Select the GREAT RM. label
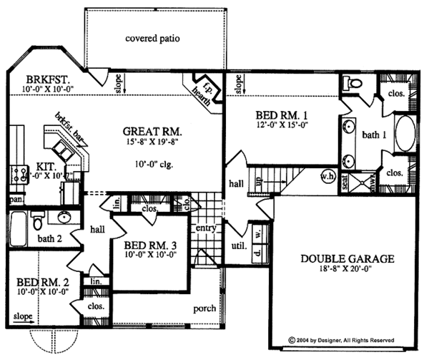click(x=152, y=132)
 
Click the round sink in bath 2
click(x=63, y=218)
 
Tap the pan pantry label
click(x=14, y=200)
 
